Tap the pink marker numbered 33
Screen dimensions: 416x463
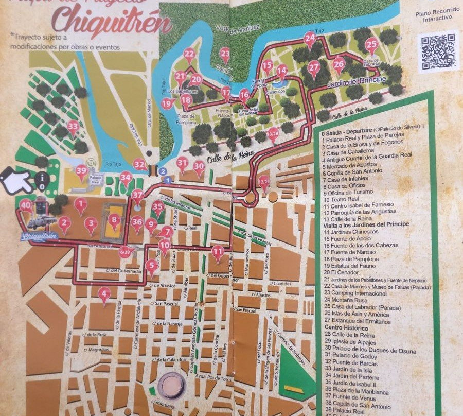pyautogui.click(x=73, y=126)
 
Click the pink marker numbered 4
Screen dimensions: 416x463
pyautogui.click(x=104, y=295)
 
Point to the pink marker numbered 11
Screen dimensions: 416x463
pyautogui.click(x=218, y=252)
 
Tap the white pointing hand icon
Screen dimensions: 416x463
pyautogui.click(x=15, y=181)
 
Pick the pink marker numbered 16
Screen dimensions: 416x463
pyautogui.click(x=244, y=95)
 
